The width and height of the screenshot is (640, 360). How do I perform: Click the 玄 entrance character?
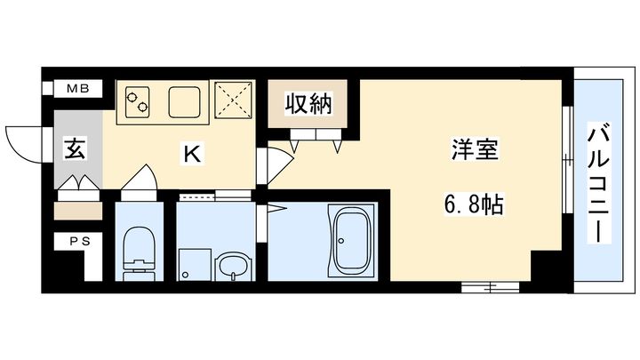(73, 150)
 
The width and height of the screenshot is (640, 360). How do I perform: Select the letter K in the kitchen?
(191, 154)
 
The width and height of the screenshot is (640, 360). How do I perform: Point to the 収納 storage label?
(308, 105)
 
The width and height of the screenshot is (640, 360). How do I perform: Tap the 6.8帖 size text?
(473, 207)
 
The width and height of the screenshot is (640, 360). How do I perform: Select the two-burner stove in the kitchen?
(137, 102)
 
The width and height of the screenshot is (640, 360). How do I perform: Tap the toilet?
(139, 250)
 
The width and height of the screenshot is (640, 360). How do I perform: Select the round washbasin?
(233, 265)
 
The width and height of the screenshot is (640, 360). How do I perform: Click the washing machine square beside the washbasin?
(192, 263)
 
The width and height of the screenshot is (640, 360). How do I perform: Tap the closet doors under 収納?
(315, 136)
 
